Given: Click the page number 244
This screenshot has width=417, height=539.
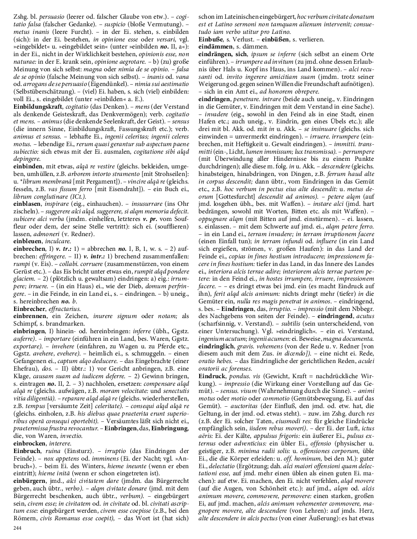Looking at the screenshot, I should pos(18,528).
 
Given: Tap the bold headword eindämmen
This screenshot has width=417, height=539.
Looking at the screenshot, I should pos(215,46).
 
